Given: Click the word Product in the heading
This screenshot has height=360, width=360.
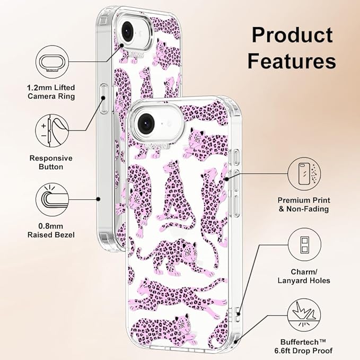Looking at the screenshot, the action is point(292,35).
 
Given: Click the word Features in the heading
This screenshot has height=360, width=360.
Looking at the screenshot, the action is point(292,60).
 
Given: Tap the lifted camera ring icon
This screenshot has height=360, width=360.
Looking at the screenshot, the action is point(52,62).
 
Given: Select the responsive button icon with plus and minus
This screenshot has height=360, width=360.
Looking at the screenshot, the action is point(52,131).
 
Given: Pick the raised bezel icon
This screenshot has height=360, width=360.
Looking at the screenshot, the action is point(52,199).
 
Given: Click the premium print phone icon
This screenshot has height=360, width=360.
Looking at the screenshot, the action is point(304,174).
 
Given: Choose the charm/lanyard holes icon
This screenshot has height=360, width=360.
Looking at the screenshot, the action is point(304,245).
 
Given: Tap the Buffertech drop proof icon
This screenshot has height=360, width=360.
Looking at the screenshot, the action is point(304,315).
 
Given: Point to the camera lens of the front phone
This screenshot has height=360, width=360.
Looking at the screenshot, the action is point(146,124).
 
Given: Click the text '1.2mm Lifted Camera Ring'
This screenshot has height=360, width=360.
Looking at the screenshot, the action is point(51,92).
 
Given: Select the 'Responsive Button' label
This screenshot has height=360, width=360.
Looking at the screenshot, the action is point(51,162).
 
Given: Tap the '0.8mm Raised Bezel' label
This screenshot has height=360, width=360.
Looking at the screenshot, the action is point(51,231).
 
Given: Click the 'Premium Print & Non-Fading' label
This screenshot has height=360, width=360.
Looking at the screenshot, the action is point(304,205).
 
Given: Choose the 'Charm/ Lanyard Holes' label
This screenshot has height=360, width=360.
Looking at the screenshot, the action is point(304,276).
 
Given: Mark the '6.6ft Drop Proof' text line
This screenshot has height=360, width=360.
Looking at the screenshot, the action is point(303,350).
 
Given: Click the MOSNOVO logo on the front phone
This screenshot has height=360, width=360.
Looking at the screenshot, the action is point(157,146).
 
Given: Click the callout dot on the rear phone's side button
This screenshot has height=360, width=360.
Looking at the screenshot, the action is point(103,98).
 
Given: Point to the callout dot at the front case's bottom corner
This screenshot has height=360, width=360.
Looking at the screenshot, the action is point(235,342).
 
